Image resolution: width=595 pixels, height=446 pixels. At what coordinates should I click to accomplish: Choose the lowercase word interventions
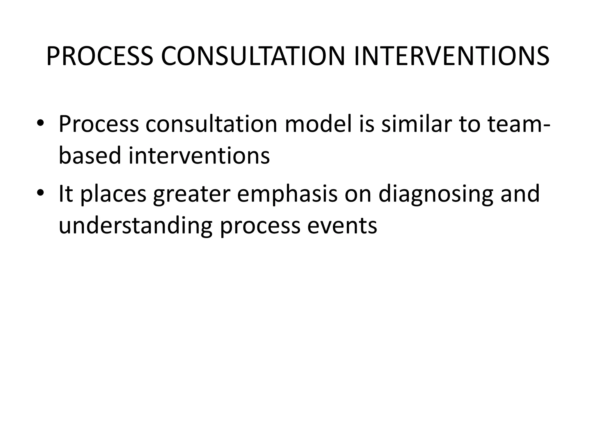click(199, 155)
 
